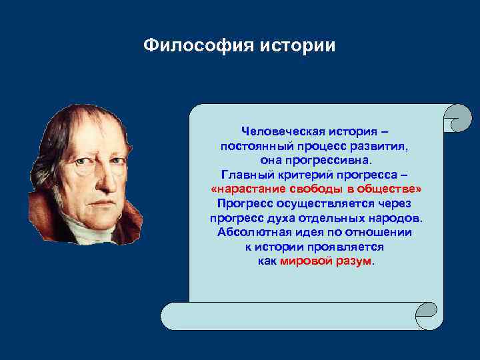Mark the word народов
(396, 218)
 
